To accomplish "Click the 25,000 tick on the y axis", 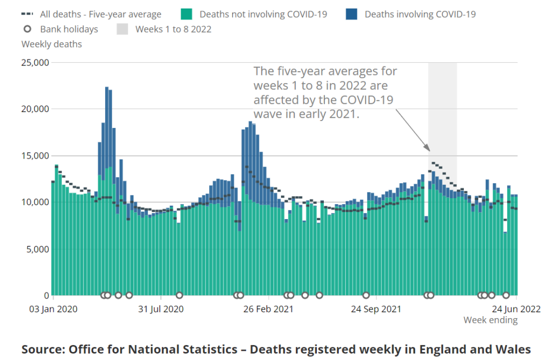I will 35,63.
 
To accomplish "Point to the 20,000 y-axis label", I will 35,109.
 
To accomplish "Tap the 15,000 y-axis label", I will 35,156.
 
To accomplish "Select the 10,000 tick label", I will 35,202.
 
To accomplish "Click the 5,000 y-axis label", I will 38,249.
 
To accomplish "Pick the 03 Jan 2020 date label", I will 53,309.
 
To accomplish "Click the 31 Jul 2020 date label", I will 161,309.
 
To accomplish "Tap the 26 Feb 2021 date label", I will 268,309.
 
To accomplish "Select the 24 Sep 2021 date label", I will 376,309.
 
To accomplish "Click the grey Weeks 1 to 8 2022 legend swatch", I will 123,29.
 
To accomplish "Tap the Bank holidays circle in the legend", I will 27,29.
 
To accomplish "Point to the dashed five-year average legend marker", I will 26,14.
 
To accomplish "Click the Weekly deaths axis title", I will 51,44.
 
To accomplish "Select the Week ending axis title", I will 491,320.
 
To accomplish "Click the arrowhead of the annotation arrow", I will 428,149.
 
